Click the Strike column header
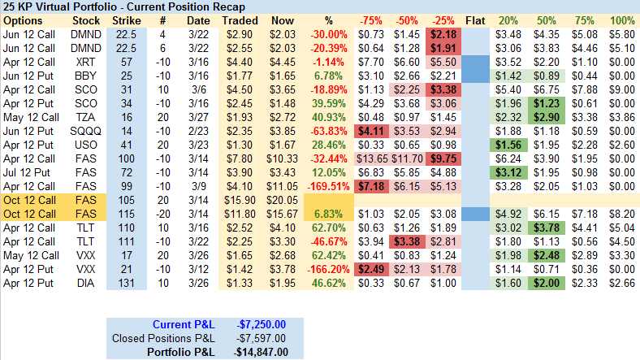[126, 19]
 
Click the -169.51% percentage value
[329, 185]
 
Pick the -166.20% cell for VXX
[329, 268]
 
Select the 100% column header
[622, 19]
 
